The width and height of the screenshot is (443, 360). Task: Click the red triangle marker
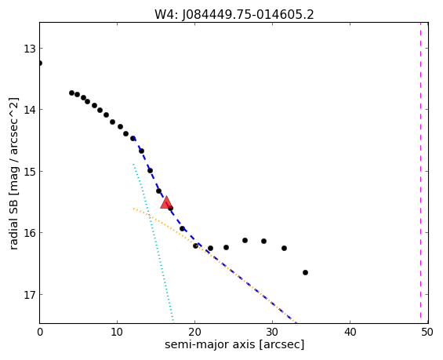click(x=166, y=202)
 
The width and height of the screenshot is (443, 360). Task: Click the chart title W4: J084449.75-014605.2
click(x=234, y=15)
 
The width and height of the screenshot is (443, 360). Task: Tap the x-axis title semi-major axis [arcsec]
click(x=234, y=344)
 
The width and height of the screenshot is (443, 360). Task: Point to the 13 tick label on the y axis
click(x=29, y=49)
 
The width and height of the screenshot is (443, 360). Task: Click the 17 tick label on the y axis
click(x=29, y=295)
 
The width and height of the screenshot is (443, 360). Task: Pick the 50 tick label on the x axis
click(x=427, y=332)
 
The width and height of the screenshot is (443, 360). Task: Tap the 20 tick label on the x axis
click(x=194, y=332)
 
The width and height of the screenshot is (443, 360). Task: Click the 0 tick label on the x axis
click(x=40, y=332)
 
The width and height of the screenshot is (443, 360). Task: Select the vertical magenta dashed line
click(x=421, y=173)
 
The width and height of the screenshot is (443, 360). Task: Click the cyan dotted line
click(x=154, y=243)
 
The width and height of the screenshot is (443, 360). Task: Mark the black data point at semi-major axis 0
click(x=40, y=63)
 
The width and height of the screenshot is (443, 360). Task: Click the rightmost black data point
click(x=305, y=272)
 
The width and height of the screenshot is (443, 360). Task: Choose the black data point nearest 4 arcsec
click(x=72, y=93)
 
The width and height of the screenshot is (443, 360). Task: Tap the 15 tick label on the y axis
click(x=29, y=172)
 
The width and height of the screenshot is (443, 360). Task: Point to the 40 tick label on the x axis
click(x=350, y=332)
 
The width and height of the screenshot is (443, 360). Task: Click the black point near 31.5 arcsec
click(x=284, y=248)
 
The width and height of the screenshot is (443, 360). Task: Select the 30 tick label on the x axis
click(x=272, y=332)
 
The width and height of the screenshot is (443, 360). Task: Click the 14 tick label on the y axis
click(x=29, y=110)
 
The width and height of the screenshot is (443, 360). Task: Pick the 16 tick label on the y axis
click(x=29, y=233)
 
